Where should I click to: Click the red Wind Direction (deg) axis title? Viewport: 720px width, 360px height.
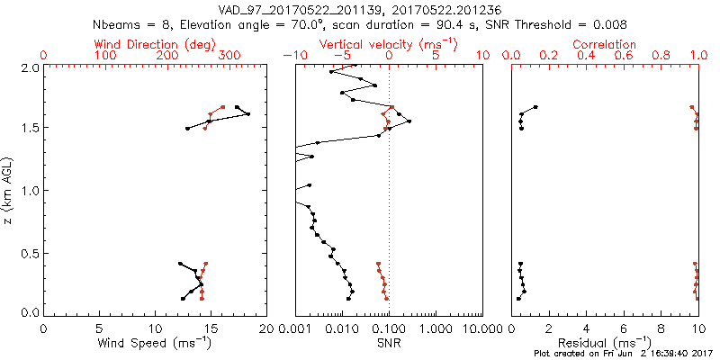(x=157, y=44)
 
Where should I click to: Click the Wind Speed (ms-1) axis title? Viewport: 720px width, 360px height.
(x=156, y=343)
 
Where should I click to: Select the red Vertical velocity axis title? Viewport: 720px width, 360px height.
(x=388, y=44)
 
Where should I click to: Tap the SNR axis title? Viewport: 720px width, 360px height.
(x=389, y=343)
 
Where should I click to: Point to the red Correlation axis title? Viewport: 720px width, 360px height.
(x=605, y=44)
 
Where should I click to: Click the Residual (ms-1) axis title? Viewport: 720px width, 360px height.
(x=605, y=343)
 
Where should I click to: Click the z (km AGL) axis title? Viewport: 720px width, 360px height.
(x=9, y=190)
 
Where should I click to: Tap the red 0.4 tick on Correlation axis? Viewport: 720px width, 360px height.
(x=587, y=56)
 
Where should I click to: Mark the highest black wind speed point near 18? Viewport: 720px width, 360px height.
(x=247, y=113)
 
